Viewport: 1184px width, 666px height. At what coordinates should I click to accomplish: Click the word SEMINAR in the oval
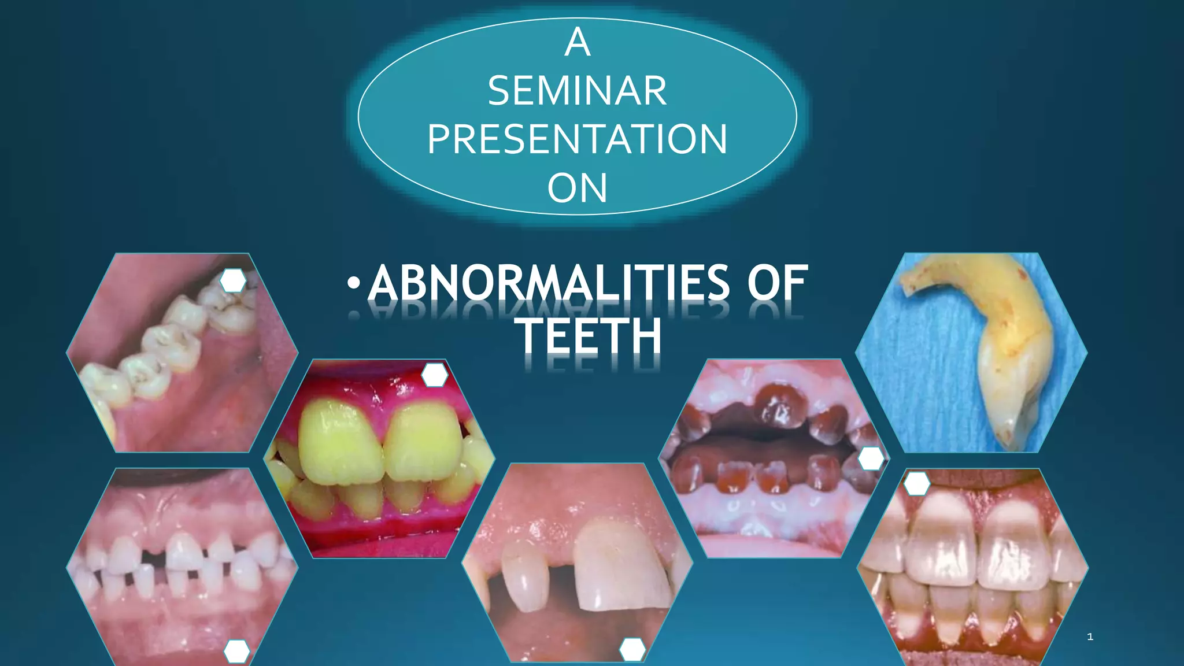[x=577, y=91]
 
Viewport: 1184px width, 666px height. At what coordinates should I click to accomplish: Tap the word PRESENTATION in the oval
[x=577, y=139]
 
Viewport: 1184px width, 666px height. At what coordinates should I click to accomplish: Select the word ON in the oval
[x=577, y=188]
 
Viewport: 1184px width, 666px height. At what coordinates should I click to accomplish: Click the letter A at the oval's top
[x=577, y=42]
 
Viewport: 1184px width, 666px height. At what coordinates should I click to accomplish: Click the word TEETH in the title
[x=590, y=336]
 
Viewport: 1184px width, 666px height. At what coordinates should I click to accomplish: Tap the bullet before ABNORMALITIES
[x=354, y=283]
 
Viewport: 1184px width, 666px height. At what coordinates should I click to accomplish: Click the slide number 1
[x=1090, y=637]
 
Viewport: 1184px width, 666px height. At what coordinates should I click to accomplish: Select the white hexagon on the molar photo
[x=233, y=280]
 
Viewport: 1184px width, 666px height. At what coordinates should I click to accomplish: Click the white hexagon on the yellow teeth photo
[x=435, y=375]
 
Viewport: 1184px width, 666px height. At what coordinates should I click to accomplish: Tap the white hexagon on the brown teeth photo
[x=871, y=459]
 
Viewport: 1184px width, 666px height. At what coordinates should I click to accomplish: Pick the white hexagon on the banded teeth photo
[x=916, y=483]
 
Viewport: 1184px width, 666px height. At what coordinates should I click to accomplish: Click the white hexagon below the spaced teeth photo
[x=236, y=652]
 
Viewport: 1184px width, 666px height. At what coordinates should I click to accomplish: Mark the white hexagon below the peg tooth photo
[x=632, y=650]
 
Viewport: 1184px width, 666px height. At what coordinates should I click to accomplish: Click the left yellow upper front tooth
[x=341, y=442]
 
